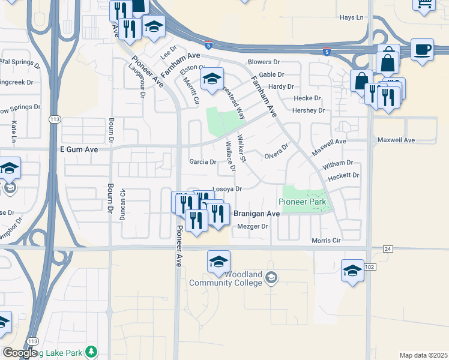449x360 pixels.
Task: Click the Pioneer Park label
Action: [303, 202]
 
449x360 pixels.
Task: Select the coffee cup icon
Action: [423, 50]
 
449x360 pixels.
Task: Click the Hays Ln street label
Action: [352, 17]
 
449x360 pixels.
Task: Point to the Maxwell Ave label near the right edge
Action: [396, 140]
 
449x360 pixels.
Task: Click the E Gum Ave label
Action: [78, 148]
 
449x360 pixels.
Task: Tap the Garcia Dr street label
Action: [203, 162]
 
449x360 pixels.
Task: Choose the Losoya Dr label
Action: [227, 189]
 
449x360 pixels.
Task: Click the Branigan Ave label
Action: [256, 214]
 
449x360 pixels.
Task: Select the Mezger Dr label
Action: [252, 226]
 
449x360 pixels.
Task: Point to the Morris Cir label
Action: [326, 240]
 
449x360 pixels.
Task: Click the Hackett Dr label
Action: [343, 175]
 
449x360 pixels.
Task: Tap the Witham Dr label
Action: [338, 163]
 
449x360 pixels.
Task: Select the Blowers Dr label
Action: [264, 62]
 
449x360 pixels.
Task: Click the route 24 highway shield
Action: [388, 248]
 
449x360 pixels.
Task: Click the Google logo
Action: [20, 353]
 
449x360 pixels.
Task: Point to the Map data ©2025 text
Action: [423, 355]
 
